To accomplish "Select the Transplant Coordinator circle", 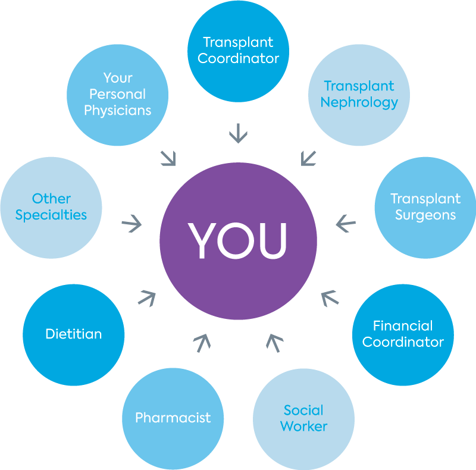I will pyautogui.click(x=238, y=51).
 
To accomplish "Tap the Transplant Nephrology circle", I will pyautogui.click(x=359, y=94).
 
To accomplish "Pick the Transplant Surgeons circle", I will pyautogui.click(x=425, y=206).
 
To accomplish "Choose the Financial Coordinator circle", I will pyautogui.click(x=403, y=334).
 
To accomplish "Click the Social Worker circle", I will pyautogui.click(x=303, y=418).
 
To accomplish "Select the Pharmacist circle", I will pyautogui.click(x=173, y=418).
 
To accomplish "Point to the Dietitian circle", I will pyautogui.click(x=73, y=334).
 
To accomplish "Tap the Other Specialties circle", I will pyautogui.click(x=51, y=206).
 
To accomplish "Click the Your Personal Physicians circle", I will pyautogui.click(x=117, y=94).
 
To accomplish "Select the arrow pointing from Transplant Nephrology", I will pyautogui.click(x=308, y=157).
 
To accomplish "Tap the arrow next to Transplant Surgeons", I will pyautogui.click(x=345, y=224).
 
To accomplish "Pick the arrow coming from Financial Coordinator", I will pyautogui.click(x=329, y=297).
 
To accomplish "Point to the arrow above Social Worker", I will pyautogui.click(x=274, y=343).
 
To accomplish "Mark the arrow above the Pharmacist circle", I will pyautogui.click(x=202, y=343).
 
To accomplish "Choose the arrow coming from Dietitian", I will pyautogui.click(x=147, y=297).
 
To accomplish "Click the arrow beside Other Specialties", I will pyautogui.click(x=131, y=224).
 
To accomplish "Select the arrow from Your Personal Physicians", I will pyautogui.click(x=168, y=157).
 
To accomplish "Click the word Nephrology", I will pyautogui.click(x=359, y=102).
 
